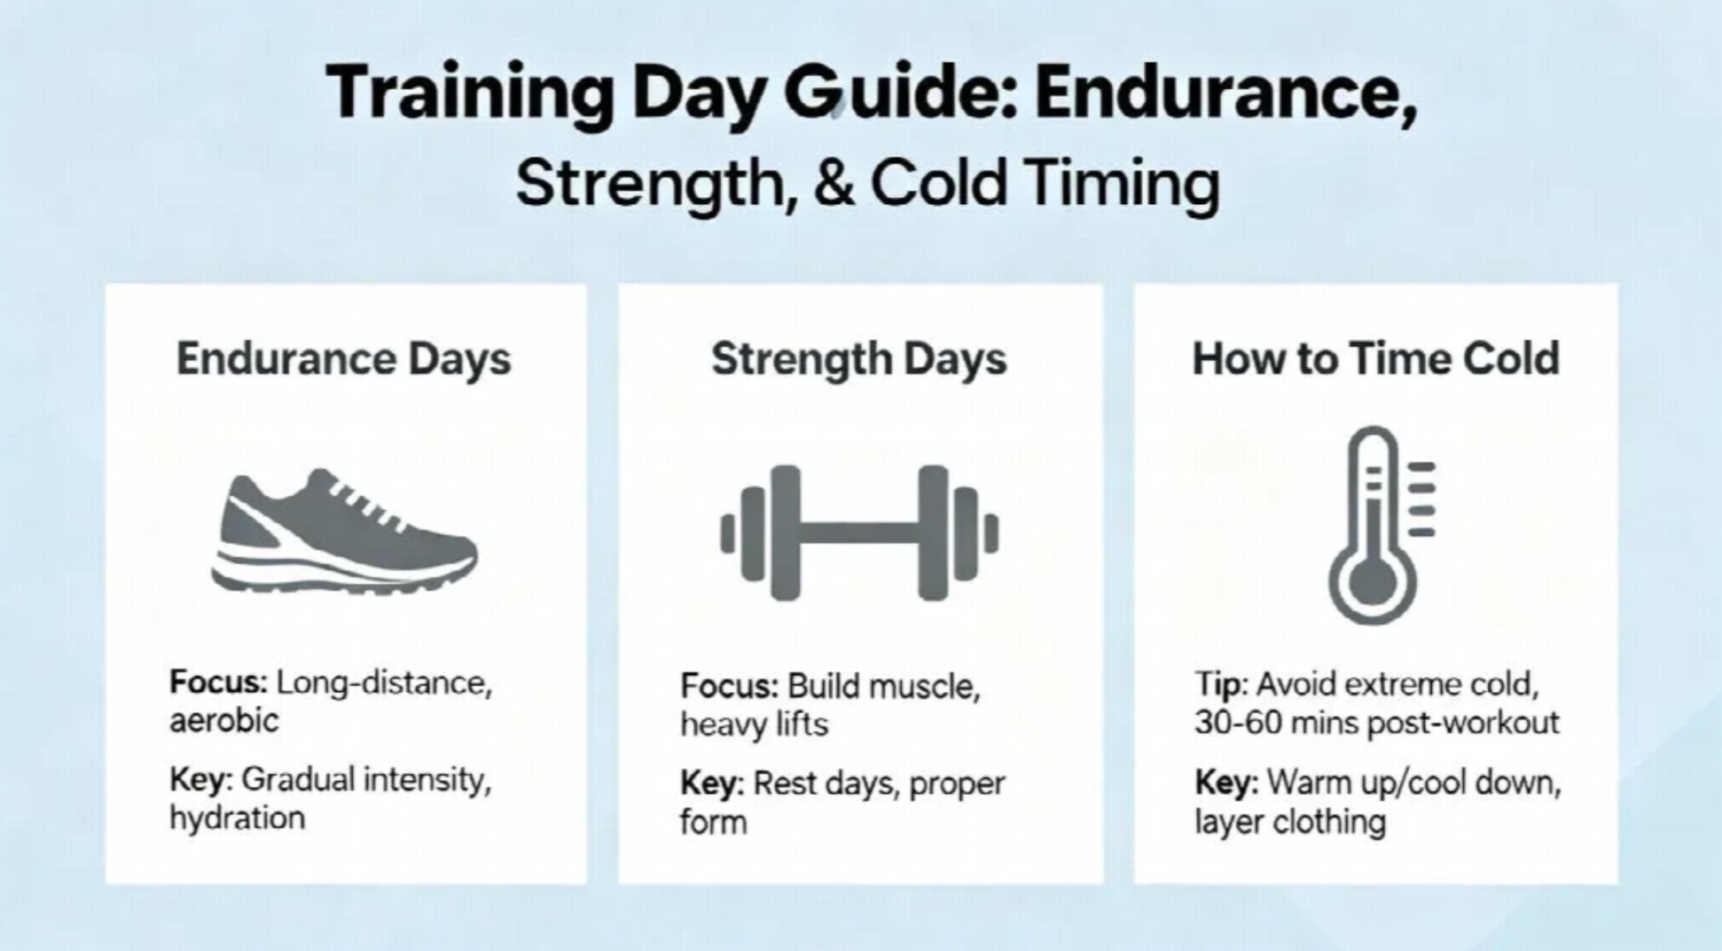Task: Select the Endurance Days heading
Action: click(344, 359)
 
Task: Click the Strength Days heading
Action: click(859, 359)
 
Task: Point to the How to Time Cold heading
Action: click(1375, 358)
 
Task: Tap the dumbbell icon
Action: click(859, 532)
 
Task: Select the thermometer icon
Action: click(1381, 525)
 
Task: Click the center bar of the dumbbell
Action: click(859, 532)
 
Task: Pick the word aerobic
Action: click(223, 720)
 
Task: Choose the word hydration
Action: click(237, 818)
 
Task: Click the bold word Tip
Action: click(1221, 685)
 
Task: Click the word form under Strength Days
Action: click(713, 822)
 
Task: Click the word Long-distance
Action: click(383, 684)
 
